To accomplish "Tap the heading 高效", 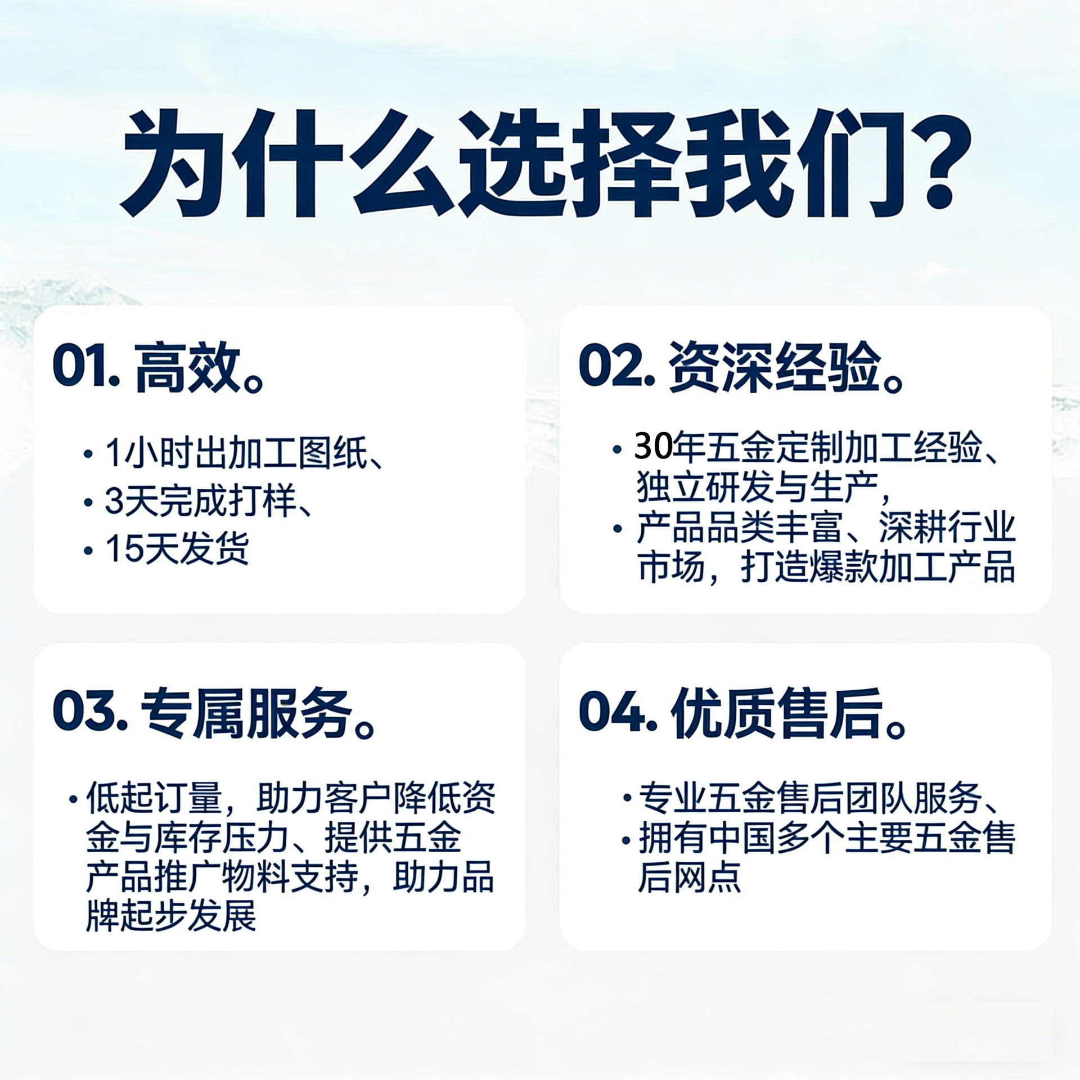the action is point(188,368).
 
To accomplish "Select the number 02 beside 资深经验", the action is point(614,367).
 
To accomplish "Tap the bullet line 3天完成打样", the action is point(209,501).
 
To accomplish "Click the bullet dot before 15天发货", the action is point(88,550).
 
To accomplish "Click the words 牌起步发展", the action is point(171,916).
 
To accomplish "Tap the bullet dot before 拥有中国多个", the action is point(626,841).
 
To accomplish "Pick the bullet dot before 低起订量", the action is point(73,799).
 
